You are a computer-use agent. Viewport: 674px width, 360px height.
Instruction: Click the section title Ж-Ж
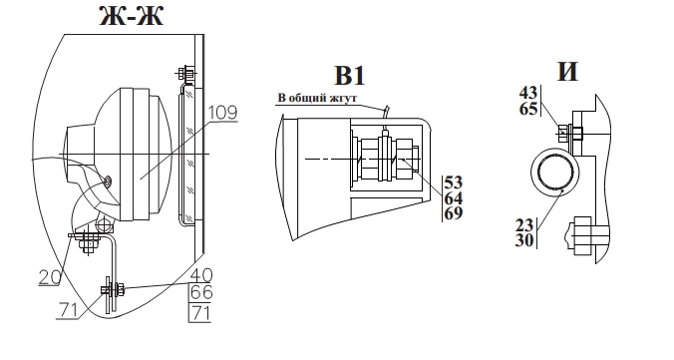point(131,16)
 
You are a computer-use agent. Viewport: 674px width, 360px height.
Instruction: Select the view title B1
point(350,76)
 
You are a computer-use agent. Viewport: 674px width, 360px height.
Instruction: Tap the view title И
point(567,71)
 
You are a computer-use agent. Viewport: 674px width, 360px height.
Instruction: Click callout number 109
point(222,113)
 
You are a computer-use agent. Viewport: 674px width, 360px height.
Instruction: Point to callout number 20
point(50,277)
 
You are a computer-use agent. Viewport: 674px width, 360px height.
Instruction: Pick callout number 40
point(201,275)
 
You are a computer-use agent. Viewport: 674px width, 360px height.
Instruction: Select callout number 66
point(201,293)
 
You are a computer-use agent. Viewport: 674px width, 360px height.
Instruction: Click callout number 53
point(454,182)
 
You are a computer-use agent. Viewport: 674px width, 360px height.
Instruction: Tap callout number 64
point(454,198)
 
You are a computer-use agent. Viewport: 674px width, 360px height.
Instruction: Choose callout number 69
point(454,213)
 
